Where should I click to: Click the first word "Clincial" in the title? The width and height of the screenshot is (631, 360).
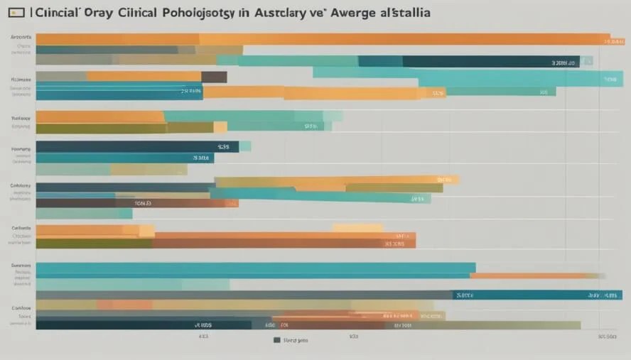click(58, 13)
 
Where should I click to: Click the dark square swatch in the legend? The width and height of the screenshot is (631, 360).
click(277, 340)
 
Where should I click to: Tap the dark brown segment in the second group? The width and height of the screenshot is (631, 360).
click(214, 77)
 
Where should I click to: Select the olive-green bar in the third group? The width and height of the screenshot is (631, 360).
click(124, 128)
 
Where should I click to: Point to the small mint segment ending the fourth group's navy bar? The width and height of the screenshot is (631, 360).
click(245, 146)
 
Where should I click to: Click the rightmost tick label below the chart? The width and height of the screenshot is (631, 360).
click(607, 337)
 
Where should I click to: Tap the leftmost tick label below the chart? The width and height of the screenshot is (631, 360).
click(203, 337)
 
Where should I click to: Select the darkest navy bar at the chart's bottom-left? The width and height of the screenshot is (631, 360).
click(142, 324)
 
